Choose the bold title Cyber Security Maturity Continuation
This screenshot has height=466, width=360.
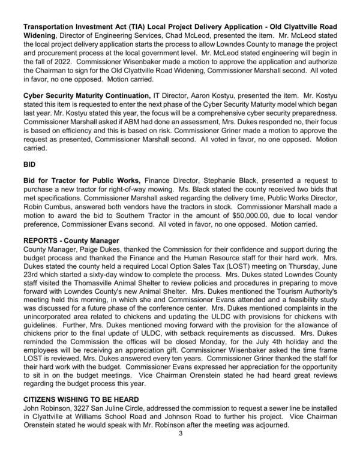pos(86,95)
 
